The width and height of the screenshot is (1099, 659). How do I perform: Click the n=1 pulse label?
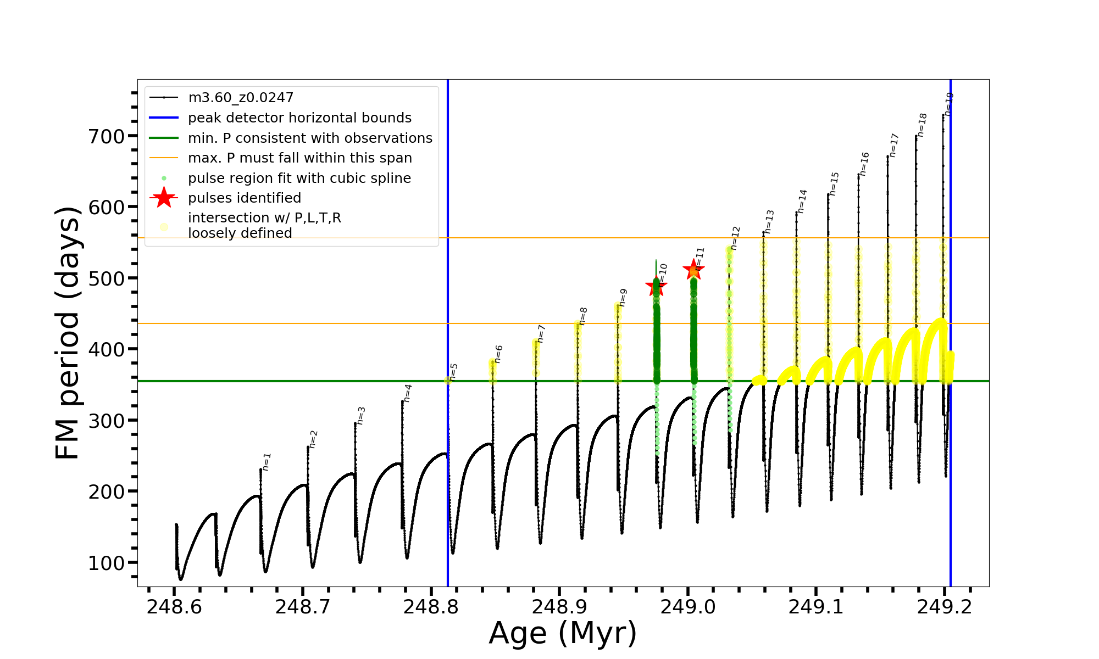click(267, 462)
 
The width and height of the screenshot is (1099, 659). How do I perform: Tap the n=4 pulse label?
click(407, 393)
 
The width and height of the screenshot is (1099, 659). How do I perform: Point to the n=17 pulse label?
click(894, 146)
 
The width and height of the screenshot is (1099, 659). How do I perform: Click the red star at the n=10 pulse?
click(656, 286)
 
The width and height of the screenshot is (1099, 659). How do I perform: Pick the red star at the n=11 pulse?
click(693, 270)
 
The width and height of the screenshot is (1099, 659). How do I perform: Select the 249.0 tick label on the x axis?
click(687, 607)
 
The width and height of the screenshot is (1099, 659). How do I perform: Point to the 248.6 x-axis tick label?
click(174, 607)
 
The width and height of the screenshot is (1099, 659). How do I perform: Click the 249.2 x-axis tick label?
click(945, 607)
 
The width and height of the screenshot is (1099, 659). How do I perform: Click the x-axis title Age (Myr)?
click(563, 633)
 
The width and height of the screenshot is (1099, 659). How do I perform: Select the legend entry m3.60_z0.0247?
click(241, 98)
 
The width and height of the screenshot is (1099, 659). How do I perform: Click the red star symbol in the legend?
click(164, 198)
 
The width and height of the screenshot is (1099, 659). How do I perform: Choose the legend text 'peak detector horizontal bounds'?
click(299, 118)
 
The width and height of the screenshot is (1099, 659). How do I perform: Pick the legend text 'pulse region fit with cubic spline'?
click(299, 178)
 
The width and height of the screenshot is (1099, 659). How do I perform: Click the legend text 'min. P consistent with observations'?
click(310, 138)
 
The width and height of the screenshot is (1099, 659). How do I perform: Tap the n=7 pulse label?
click(541, 334)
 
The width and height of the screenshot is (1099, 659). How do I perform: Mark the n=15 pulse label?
click(835, 184)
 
